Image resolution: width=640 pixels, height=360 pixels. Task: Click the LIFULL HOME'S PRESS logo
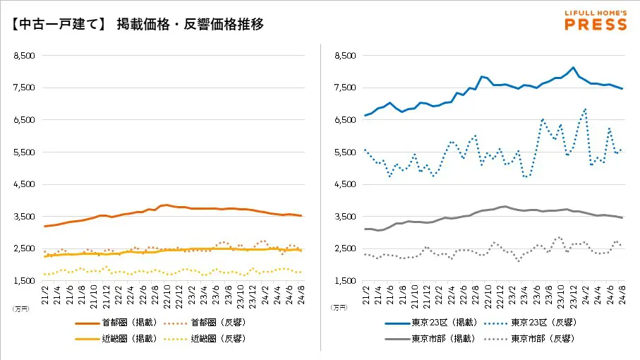point(596,20)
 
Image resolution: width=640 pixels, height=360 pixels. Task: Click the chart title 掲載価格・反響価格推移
point(191,25)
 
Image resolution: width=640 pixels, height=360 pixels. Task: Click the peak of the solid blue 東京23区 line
point(573,68)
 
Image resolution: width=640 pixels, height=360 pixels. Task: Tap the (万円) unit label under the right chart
point(339,308)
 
